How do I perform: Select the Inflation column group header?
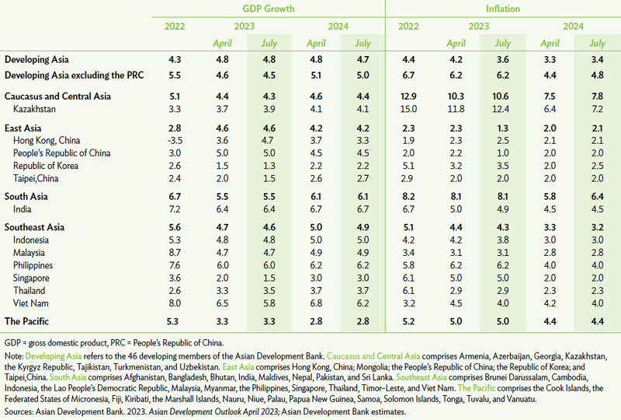point(503,9)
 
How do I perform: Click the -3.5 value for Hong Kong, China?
point(175,140)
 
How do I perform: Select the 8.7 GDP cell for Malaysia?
point(175,253)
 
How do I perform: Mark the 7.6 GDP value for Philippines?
point(175,265)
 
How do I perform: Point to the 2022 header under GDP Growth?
point(175,26)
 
